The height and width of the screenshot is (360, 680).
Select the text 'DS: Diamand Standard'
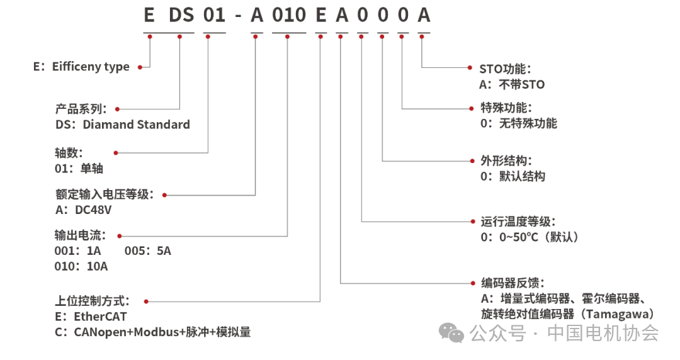pyautogui.click(x=123, y=125)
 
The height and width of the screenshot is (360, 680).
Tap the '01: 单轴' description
pyautogui.click(x=79, y=169)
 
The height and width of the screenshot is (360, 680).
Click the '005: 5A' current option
pyautogui.click(x=147, y=251)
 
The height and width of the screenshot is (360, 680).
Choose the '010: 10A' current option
pyautogui.click(x=81, y=266)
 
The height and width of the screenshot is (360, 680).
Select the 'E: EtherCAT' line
pyautogui.click(x=91, y=317)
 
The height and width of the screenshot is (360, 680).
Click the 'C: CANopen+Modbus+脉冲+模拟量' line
pyautogui.click(x=153, y=332)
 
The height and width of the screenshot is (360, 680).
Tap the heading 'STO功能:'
pyautogui.click(x=506, y=69)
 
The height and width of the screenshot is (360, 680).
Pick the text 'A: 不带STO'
pyautogui.click(x=512, y=84)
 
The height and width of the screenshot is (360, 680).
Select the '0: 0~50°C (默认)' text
pyautogui.click(x=529, y=237)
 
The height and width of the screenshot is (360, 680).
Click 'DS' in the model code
pyautogui.click(x=181, y=14)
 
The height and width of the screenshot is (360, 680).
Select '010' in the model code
pyautogui.click(x=288, y=14)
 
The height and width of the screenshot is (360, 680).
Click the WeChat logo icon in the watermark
pyautogui.click(x=453, y=332)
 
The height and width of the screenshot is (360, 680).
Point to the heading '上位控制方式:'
pyautogui.click(x=96, y=301)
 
